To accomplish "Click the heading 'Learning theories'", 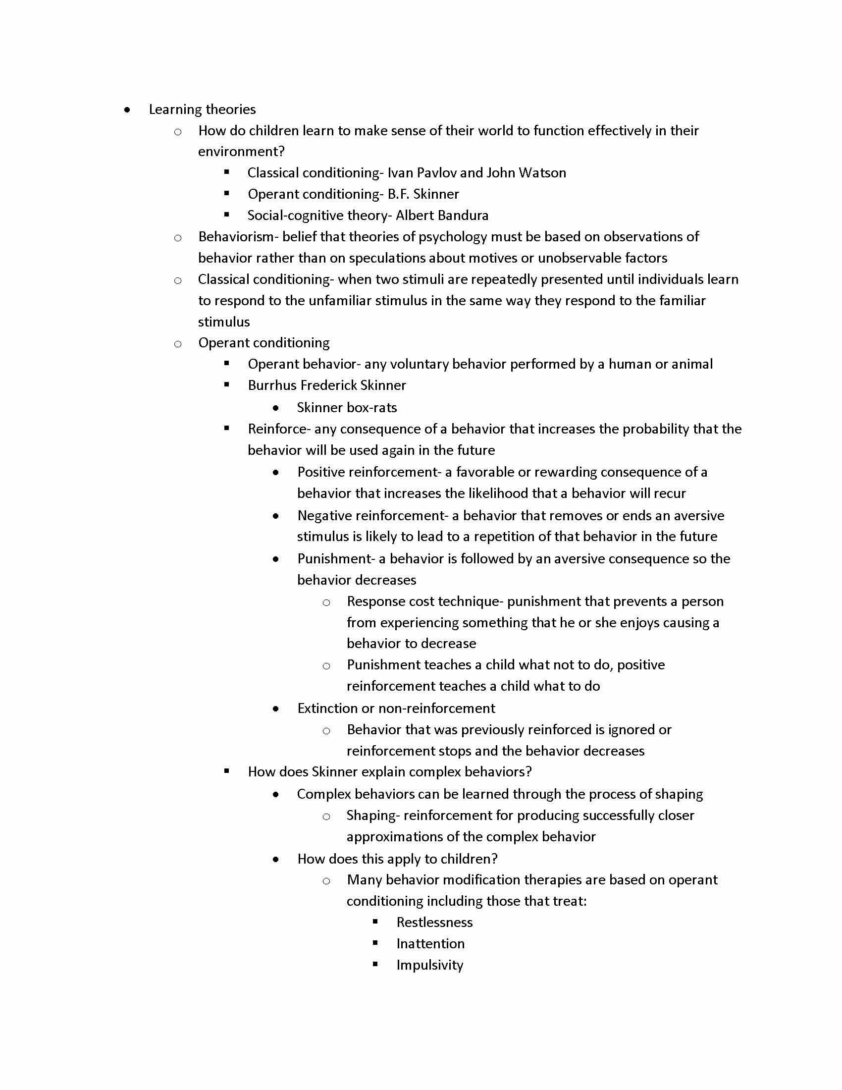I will tap(202, 109).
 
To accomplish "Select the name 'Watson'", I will tap(542, 173).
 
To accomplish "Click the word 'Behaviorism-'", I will tap(238, 236).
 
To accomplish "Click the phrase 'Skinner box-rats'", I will tap(347, 408).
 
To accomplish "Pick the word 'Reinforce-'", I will tap(279, 429).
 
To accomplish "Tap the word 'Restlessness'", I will tap(434, 923).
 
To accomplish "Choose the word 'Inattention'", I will tap(430, 944).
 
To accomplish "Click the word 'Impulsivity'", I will tap(429, 965).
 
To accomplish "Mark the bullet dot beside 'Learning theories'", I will tap(128, 110).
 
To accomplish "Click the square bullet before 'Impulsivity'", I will tap(375, 964).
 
